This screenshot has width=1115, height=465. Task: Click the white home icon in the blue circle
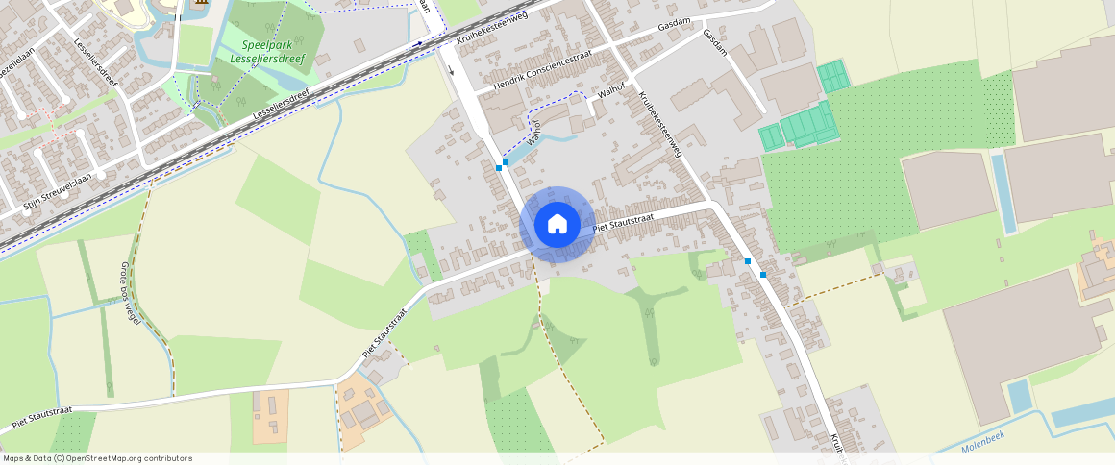pyautogui.click(x=557, y=224)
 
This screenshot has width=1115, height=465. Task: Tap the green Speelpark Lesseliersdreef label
pyautogui.click(x=261, y=52)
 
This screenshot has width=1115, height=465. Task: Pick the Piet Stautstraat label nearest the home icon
pyautogui.click(x=623, y=223)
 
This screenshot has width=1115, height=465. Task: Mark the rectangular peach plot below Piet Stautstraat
pyautogui.click(x=270, y=416)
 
